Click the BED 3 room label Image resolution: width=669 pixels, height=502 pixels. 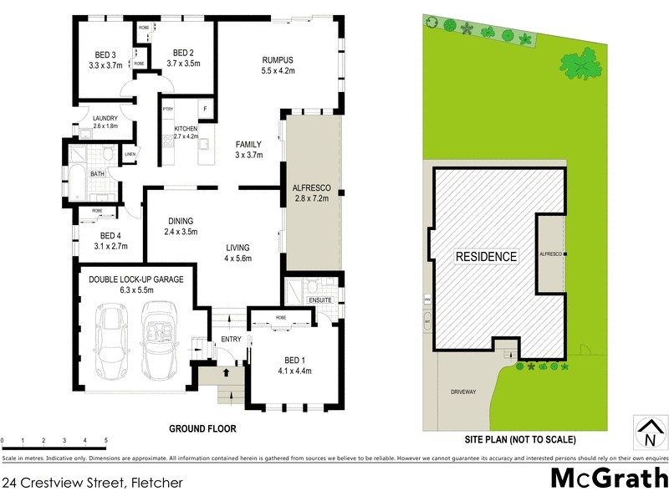pyautogui.click(x=106, y=55)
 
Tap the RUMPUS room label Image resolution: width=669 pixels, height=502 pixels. pyautogui.click(x=278, y=59)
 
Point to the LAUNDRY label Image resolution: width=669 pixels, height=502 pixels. pyautogui.click(x=105, y=118)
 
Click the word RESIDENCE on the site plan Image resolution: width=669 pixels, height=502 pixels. pyautogui.click(x=486, y=257)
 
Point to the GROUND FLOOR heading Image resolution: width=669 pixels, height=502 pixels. pyautogui.click(x=202, y=428)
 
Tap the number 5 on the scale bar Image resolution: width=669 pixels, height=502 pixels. pyautogui.click(x=106, y=440)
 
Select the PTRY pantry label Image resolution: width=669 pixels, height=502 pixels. pyautogui.click(x=167, y=109)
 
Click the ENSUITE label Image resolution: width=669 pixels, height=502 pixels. pyautogui.click(x=320, y=299)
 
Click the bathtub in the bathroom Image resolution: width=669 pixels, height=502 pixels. pyautogui.click(x=74, y=178)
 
